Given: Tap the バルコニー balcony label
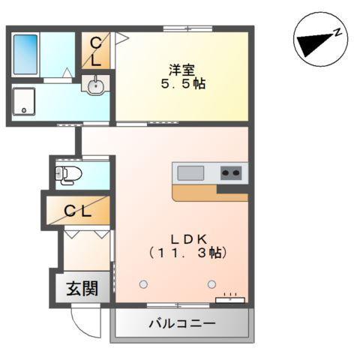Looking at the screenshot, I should [181, 324].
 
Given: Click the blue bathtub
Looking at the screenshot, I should [27, 53].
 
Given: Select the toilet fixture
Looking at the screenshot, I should [70, 174].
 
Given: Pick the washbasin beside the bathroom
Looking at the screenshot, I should [95, 86].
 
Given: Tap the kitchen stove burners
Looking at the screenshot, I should [231, 173].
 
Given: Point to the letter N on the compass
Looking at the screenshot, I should [338, 32].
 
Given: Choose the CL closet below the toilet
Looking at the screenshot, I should [78, 211].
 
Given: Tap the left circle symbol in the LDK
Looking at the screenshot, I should [143, 283].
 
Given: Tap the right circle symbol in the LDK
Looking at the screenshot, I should [211, 283].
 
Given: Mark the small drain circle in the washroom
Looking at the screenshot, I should [25, 110].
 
